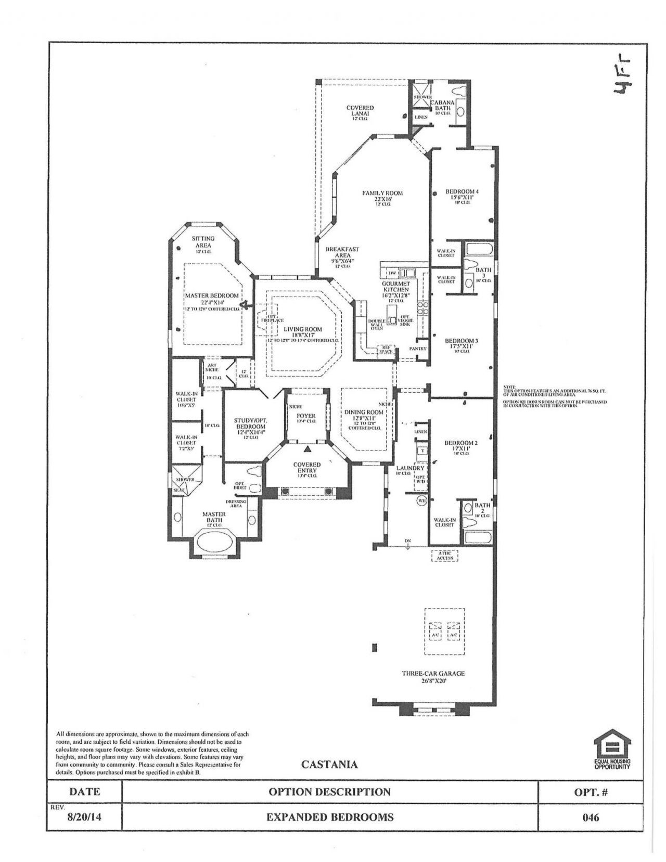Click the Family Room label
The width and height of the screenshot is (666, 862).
tap(382, 193)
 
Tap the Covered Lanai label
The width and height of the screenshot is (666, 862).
tap(360, 111)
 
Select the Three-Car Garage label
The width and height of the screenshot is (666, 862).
tap(433, 673)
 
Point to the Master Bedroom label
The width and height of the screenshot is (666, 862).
tap(212, 295)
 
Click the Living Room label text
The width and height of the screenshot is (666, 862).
tap(302, 329)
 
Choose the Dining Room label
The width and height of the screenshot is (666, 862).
tap(364, 412)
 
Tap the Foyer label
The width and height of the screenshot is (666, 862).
tap(306, 416)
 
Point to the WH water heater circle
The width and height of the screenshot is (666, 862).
tap(421, 500)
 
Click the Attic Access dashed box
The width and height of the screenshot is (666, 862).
tap(444, 555)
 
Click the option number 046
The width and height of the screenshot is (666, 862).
tap(592, 817)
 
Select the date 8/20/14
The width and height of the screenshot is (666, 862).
tap(84, 817)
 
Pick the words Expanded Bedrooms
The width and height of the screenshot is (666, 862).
tap(329, 817)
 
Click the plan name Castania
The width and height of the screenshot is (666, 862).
tap(329, 764)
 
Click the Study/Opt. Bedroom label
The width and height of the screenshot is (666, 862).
tap(250, 426)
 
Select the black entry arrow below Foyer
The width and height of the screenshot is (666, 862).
tap(307, 448)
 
